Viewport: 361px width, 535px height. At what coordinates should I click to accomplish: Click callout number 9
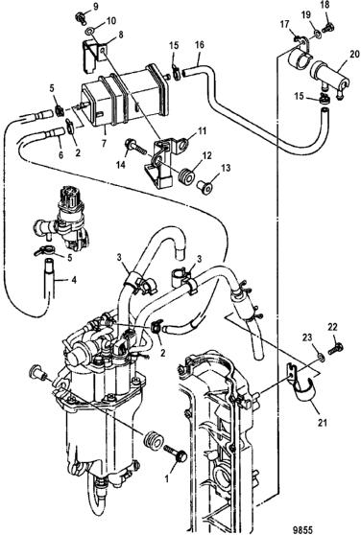[x=95, y=7]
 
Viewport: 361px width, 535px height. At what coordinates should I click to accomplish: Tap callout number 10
[x=111, y=21]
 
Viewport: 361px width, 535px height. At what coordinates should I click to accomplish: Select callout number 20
[x=354, y=54]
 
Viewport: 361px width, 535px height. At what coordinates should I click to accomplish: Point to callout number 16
[x=200, y=45]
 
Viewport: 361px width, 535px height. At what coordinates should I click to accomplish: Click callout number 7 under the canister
[x=105, y=141]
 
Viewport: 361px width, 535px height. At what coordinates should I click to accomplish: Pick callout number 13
[x=226, y=168]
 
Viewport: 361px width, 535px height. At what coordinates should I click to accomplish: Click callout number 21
[x=323, y=423]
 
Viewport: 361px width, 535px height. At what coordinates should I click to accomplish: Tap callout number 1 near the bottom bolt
[x=167, y=479]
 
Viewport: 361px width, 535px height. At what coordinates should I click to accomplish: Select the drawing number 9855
[x=303, y=529]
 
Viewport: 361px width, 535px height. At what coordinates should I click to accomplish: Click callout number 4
[x=74, y=280]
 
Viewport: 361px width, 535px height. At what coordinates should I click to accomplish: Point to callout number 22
[x=332, y=327]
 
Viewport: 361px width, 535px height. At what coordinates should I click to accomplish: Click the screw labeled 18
[x=329, y=26]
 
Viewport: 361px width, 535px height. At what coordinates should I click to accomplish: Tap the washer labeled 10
[x=88, y=32]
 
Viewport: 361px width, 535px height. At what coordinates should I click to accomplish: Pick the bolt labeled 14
[x=135, y=146]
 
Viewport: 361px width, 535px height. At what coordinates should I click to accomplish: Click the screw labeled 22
[x=336, y=349]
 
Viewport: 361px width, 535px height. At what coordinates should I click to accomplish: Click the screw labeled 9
[x=81, y=16]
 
